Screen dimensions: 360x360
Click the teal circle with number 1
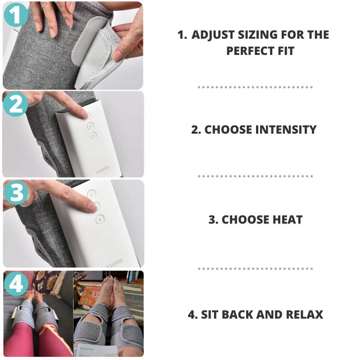pyautogui.click(x=16, y=16)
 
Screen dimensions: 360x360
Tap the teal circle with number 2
pyautogui.click(x=16, y=104)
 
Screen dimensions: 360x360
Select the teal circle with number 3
pyautogui.click(x=16, y=193)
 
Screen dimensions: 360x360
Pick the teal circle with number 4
pyautogui.click(x=16, y=284)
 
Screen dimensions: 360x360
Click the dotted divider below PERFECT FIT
pyautogui.click(x=255, y=87)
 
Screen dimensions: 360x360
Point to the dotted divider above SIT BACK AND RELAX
pyautogui.click(x=255, y=269)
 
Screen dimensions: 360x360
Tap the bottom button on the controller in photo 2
pyautogui.click(x=93, y=135)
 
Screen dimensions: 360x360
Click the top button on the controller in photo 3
pyautogui.click(x=92, y=194)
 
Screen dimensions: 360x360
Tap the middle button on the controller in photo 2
pyautogui.click(x=90, y=126)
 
